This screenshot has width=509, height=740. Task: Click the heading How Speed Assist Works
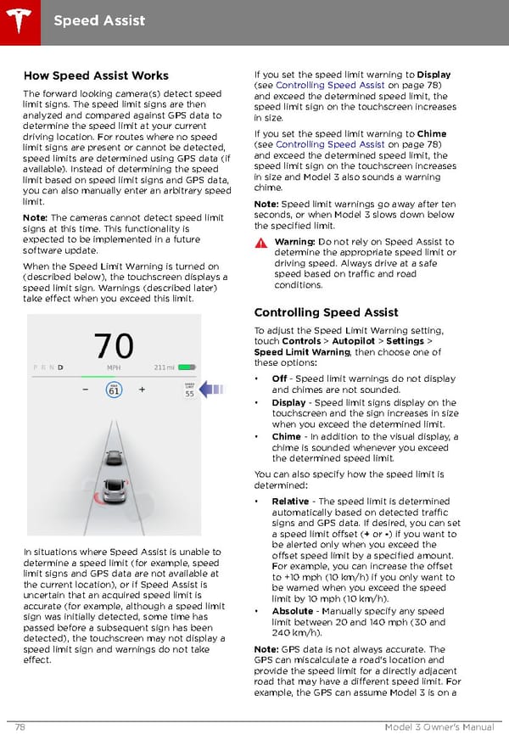[95, 76]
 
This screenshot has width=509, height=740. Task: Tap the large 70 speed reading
[114, 346]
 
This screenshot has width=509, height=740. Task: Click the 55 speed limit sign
[190, 391]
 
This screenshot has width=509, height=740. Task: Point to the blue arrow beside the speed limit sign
[212, 390]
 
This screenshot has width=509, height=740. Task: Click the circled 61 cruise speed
[114, 390]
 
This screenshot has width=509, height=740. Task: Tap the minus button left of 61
[86, 390]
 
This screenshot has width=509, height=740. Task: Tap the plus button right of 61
[142, 390]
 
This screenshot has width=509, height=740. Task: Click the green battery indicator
[187, 367]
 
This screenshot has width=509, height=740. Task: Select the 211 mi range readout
[165, 367]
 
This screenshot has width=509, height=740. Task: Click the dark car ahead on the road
[114, 457]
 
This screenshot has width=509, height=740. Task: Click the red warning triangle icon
[261, 243]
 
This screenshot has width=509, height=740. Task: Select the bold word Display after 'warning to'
[433, 74]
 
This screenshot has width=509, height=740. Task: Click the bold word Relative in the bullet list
[289, 502]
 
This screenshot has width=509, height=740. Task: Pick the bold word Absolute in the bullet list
[292, 612]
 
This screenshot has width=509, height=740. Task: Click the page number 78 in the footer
[19, 727]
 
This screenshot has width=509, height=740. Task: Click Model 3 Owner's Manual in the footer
[439, 727]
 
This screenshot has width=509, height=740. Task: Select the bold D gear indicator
[60, 367]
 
